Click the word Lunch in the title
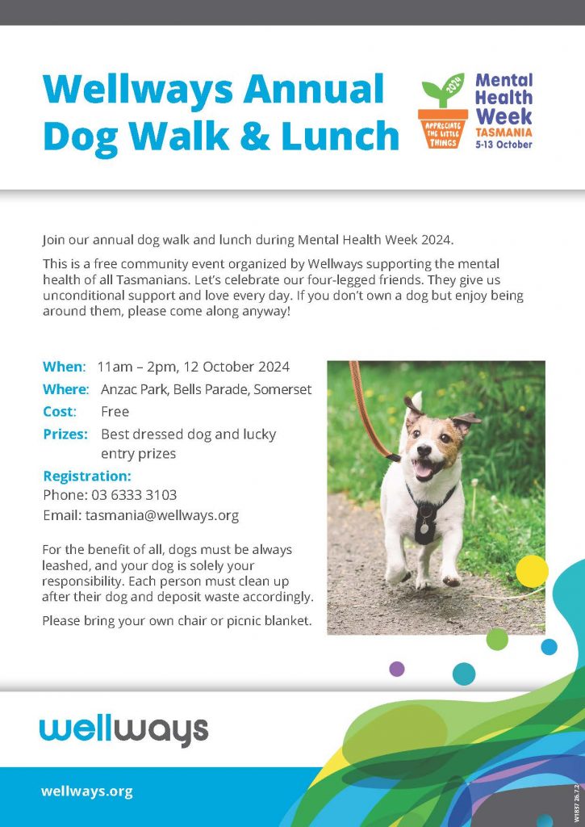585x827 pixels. point(341,135)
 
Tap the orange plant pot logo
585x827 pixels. point(443,128)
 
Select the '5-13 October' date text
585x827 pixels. point(504,144)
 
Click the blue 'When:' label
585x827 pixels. point(64,367)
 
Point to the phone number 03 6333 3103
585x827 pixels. point(134,495)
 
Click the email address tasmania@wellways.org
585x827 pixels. point(162,515)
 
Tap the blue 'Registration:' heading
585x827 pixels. point(87,476)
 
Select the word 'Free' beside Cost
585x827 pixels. point(115,411)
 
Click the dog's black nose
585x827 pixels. point(424,450)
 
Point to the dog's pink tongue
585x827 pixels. point(423,470)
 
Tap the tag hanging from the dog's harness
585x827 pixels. point(424,527)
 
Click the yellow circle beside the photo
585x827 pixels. point(532,571)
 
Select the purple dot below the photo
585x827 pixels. point(397,669)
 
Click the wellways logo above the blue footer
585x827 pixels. point(123,731)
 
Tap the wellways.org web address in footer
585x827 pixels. point(87,791)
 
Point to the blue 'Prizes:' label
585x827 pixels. point(65,434)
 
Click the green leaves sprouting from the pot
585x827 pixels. point(443,90)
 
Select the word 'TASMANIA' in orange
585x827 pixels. point(504,132)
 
